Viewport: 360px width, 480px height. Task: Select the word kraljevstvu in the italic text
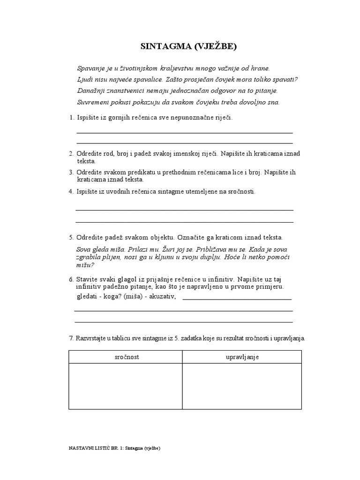pyautogui.click(x=171, y=68)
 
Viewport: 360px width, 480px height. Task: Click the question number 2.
pyautogui.click(x=71, y=154)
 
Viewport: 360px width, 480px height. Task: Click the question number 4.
pyautogui.click(x=71, y=191)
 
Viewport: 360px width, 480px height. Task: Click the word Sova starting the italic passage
pyautogui.click(x=83, y=250)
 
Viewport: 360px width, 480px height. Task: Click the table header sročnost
pyautogui.click(x=126, y=357)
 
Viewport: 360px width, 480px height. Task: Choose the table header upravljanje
pyautogui.click(x=242, y=357)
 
